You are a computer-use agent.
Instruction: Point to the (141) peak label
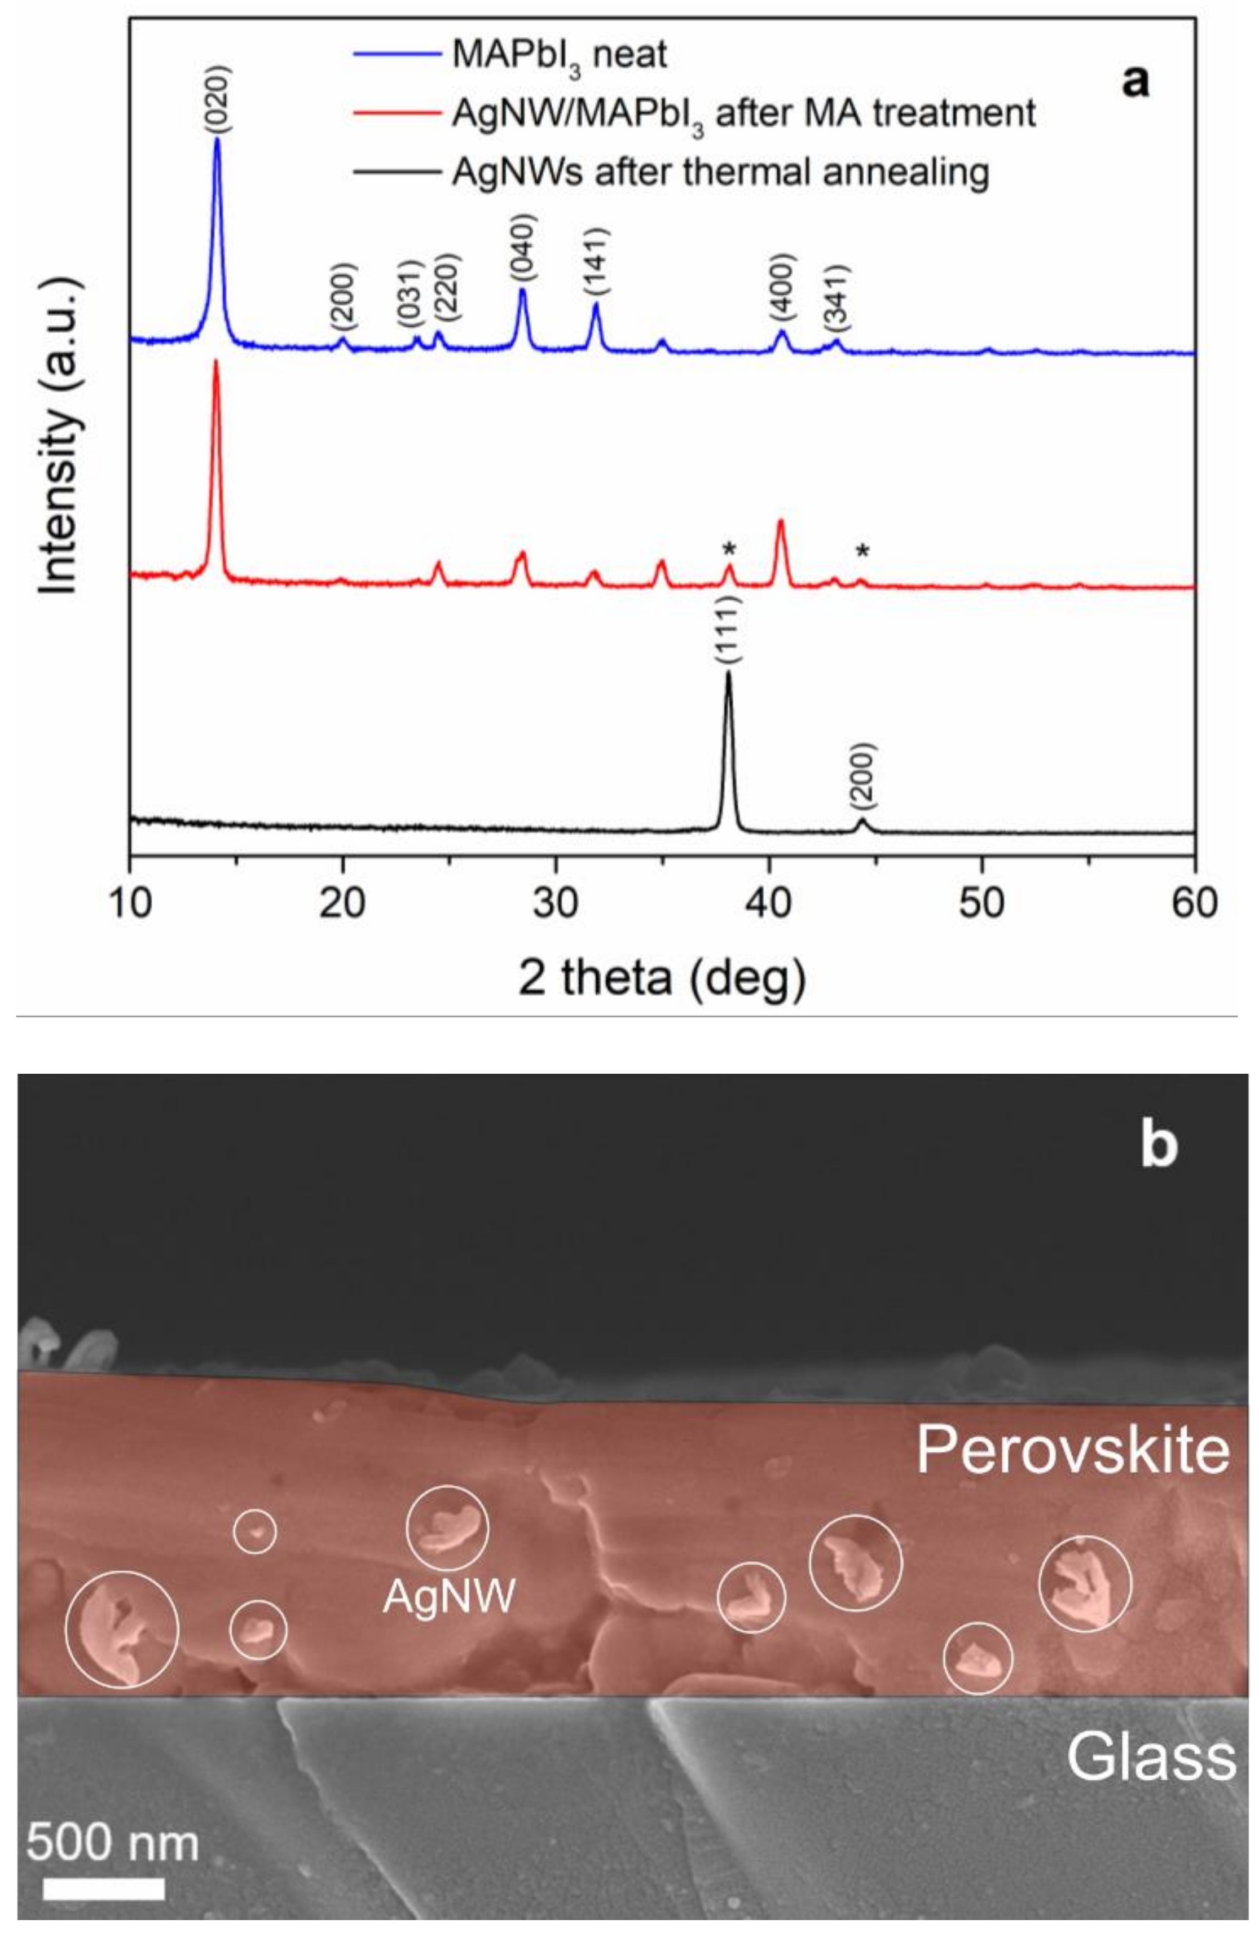coord(596,264)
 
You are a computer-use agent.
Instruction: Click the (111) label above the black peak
coord(729,632)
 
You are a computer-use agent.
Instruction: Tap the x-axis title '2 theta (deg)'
coord(662,978)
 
